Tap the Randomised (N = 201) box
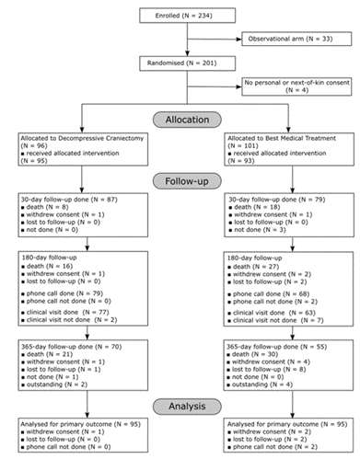(x=180, y=63)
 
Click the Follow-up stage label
(x=180, y=181)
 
